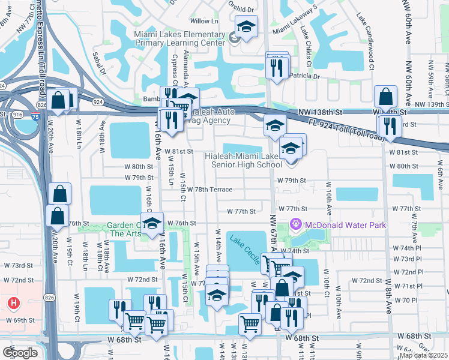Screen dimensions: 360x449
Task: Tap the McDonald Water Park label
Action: [x=345, y=225]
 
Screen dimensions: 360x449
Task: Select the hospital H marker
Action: [x=13, y=303]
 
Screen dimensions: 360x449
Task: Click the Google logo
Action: [x=20, y=352]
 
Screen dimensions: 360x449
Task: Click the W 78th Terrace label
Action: [x=209, y=189]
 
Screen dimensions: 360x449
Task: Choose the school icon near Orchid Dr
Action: [x=246, y=27]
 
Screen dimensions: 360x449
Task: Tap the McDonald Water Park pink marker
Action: [x=295, y=225]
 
